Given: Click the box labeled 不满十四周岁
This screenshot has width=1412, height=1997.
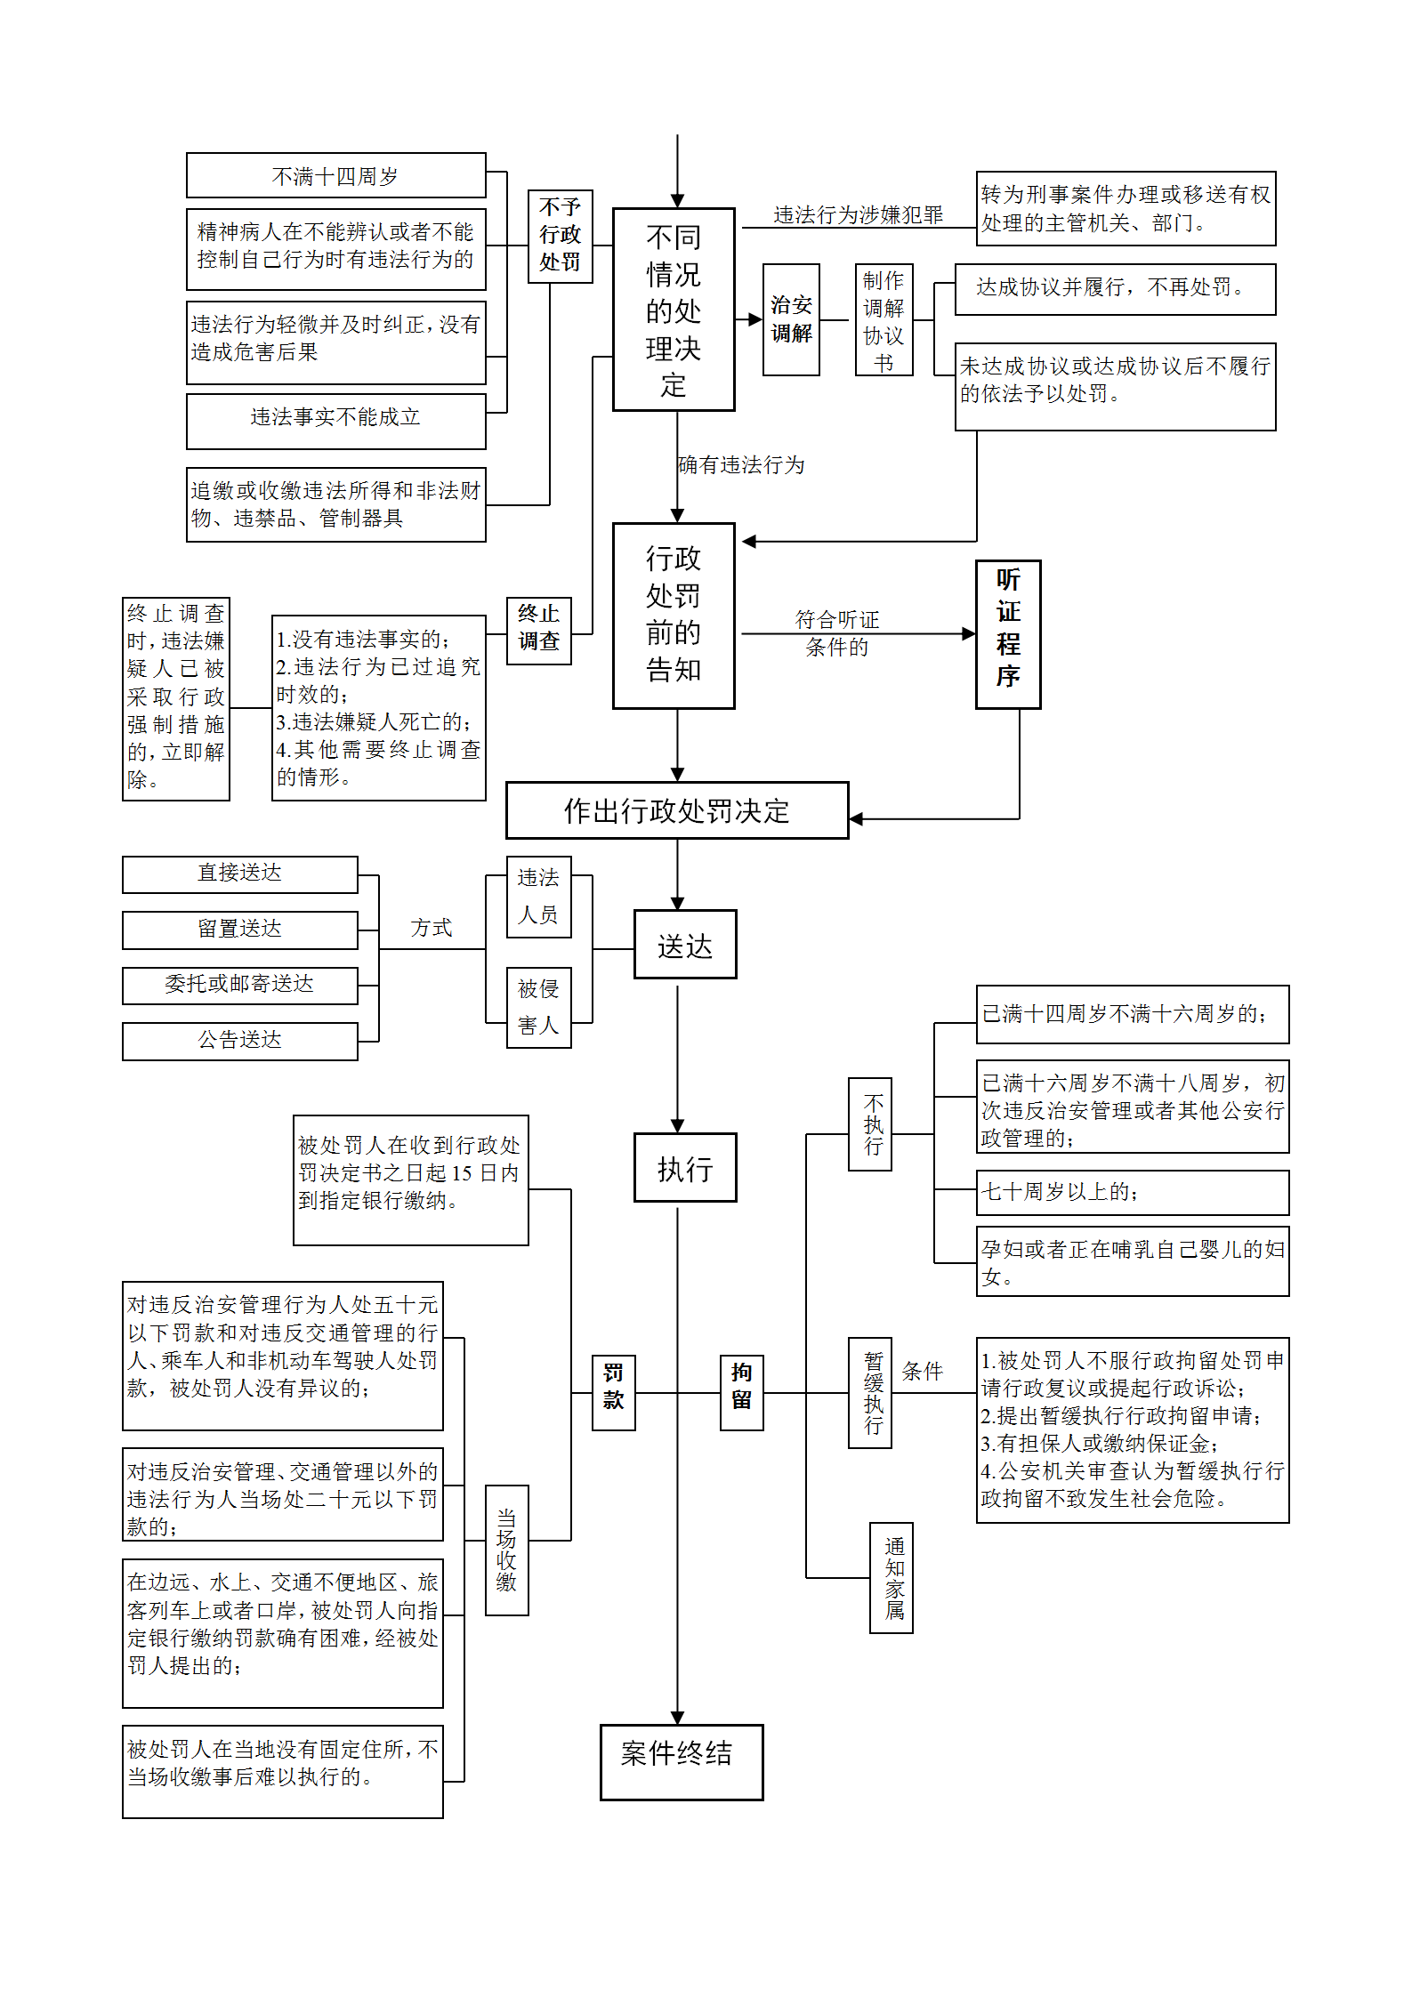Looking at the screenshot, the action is pyautogui.click(x=335, y=175).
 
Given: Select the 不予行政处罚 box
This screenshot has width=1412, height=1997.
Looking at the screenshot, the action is pyautogui.click(x=560, y=236).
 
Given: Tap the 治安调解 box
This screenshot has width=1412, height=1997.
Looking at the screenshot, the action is pyautogui.click(x=791, y=319).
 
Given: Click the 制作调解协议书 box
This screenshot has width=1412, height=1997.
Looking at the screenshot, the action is pyautogui.click(x=884, y=319).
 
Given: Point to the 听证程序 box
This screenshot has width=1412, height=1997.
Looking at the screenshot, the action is pyautogui.click(x=1008, y=633).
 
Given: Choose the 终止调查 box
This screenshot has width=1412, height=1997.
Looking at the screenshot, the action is pyautogui.click(x=538, y=631).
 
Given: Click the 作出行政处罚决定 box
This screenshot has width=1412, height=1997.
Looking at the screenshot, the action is pyautogui.click(x=677, y=810).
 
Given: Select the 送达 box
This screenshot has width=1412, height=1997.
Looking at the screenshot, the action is pyautogui.click(x=685, y=944).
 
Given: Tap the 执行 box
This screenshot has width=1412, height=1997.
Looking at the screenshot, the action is pyautogui.click(x=685, y=1167).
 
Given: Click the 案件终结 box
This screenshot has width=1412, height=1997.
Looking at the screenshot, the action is pyautogui.click(x=682, y=1762).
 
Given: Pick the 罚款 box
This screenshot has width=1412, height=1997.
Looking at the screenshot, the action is pyautogui.click(x=613, y=1392).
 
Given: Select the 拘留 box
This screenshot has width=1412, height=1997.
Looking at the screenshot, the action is pyautogui.click(x=741, y=1392).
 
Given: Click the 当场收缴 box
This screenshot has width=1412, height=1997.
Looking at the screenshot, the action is pyautogui.click(x=506, y=1550).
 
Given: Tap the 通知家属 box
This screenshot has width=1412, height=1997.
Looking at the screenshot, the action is pyautogui.click(x=891, y=1577).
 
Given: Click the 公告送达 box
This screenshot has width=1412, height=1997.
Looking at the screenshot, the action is pyautogui.click(x=240, y=1041).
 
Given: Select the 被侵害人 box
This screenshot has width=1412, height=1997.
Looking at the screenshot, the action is pyautogui.click(x=538, y=1007).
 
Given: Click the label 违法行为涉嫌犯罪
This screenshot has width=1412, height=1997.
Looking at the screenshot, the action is pyautogui.click(x=858, y=214).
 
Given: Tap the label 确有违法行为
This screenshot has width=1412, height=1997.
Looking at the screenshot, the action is pyautogui.click(x=741, y=464).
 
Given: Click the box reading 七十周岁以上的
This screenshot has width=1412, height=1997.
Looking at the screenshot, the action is pyautogui.click(x=1133, y=1192).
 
